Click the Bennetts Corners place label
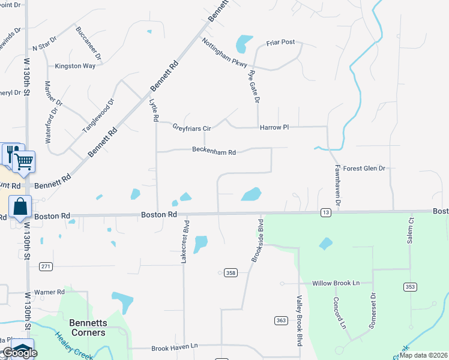tap(88, 328)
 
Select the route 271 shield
tap(46, 266)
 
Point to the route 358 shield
tap(230, 272)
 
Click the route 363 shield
tap(281, 320)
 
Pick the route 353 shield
tap(411, 287)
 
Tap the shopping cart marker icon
tap(24, 161)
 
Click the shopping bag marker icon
tap(20, 206)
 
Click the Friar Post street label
tap(280, 43)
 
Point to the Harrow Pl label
tap(274, 128)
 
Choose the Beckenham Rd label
tap(214, 152)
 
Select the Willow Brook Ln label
tap(336, 283)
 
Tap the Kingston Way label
tap(75, 66)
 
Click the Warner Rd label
tap(49, 292)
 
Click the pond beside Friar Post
tap(244, 43)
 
